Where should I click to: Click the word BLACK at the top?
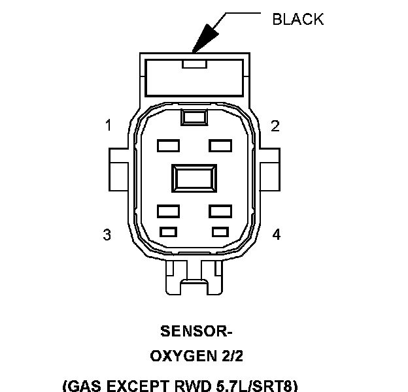[x=297, y=19]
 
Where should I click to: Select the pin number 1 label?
[x=108, y=125]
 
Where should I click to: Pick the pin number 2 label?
[x=275, y=125]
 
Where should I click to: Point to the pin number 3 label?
[x=107, y=235]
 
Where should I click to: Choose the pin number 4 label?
[x=277, y=235]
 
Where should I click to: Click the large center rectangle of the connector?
[x=194, y=178]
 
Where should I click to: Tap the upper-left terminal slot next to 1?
[x=168, y=145]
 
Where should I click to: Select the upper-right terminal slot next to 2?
[x=220, y=145]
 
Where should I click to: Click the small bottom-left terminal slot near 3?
[x=169, y=231]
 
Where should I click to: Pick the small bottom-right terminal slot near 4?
[x=220, y=231]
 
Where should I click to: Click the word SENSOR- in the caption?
[x=194, y=332]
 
